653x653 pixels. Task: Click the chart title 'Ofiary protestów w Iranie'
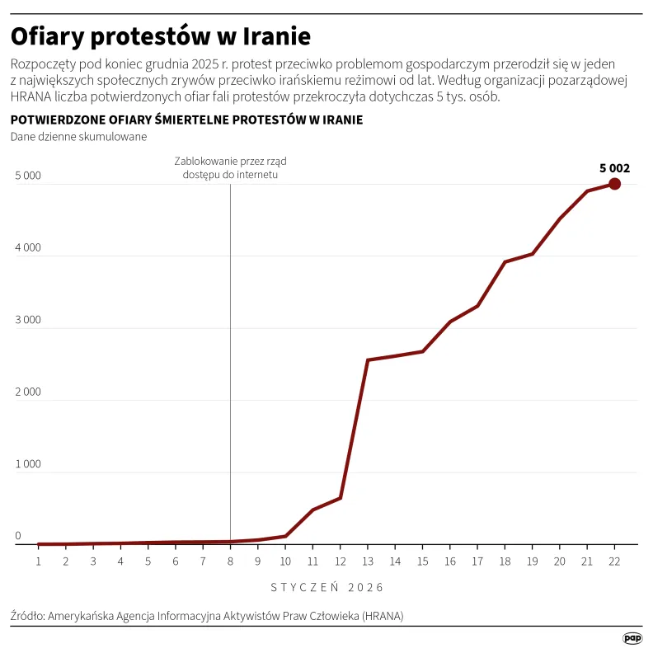pos(160,37)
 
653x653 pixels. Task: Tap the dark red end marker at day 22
pos(614,184)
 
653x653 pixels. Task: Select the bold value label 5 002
pos(614,168)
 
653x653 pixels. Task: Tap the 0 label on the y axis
pos(17,537)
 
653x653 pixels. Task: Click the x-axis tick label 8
pos(230,561)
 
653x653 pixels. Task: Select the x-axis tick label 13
pos(367,561)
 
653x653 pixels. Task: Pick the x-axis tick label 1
pos(38,561)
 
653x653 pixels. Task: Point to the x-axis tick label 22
pos(614,561)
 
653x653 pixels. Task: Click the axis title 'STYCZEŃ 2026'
pos(326,588)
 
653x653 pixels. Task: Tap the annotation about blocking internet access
pos(230,167)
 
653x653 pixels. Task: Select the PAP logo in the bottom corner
pos(632,637)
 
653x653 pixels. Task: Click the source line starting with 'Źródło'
pos(207,616)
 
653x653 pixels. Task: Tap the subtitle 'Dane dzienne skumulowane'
pos(78,137)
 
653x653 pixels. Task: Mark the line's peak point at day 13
pos(367,359)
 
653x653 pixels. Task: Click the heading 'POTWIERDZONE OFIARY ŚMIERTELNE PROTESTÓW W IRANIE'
pos(186,120)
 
